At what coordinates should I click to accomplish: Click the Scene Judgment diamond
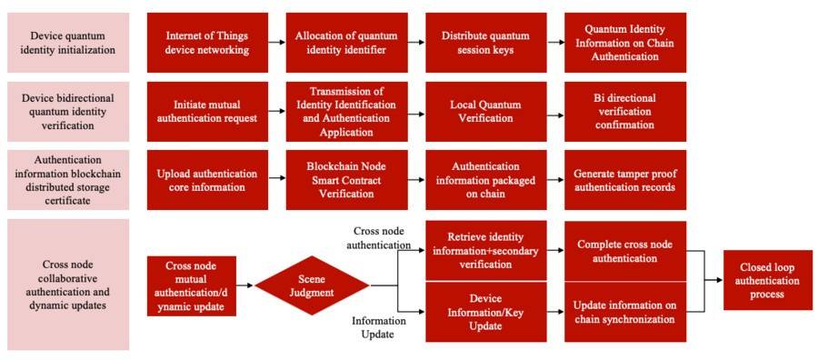click(312, 285)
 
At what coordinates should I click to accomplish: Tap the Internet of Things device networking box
click(207, 43)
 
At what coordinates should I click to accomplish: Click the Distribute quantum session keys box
click(485, 43)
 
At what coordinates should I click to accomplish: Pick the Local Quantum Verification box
click(485, 111)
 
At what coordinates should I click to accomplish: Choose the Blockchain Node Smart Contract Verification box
click(346, 180)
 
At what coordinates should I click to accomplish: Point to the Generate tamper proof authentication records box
click(625, 180)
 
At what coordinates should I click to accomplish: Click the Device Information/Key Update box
click(485, 312)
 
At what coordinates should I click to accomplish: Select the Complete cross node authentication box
click(625, 251)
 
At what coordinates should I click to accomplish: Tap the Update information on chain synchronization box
click(625, 312)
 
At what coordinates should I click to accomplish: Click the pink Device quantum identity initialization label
click(68, 43)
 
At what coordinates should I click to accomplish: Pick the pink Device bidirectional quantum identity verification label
click(68, 111)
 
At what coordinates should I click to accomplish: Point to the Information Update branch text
click(379, 327)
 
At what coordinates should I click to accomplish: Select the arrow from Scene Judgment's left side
click(245, 285)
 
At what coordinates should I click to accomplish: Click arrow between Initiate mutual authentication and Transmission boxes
click(277, 111)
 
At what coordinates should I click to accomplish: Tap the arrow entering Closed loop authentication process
click(704, 281)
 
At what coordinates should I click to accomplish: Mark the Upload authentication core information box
click(207, 180)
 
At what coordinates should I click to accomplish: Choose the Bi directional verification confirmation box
click(625, 111)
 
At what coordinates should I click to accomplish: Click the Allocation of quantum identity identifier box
click(346, 43)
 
